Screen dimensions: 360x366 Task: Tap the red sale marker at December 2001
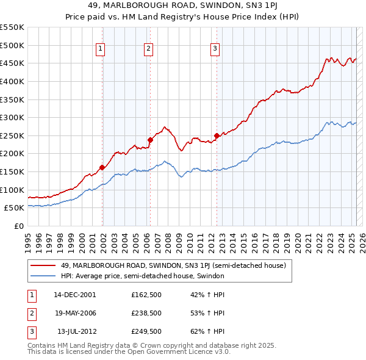102,167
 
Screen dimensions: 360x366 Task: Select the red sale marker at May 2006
150,140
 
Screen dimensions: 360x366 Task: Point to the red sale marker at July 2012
217,135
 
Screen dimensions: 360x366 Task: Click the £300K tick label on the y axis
12,117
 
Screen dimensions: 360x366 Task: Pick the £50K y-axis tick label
14,207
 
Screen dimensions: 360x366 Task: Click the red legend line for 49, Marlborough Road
43,265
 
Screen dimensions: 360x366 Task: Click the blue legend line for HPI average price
43,276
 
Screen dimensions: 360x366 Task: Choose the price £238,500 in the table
146,313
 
